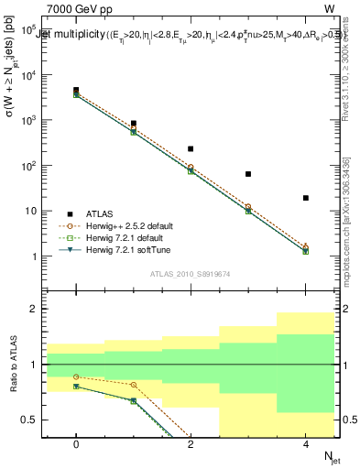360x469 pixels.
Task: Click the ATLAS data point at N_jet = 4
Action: [x=306, y=198]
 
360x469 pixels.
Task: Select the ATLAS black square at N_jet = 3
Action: [x=248, y=174]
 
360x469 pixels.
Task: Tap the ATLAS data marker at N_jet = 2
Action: [x=191, y=148]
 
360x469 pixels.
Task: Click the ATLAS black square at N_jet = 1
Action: [x=134, y=123]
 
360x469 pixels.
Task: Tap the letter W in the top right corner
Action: [x=328, y=7]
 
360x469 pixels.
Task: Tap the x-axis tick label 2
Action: [x=191, y=443]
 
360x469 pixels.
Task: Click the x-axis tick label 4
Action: [x=306, y=443]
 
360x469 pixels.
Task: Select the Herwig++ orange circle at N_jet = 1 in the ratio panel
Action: [x=134, y=385]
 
